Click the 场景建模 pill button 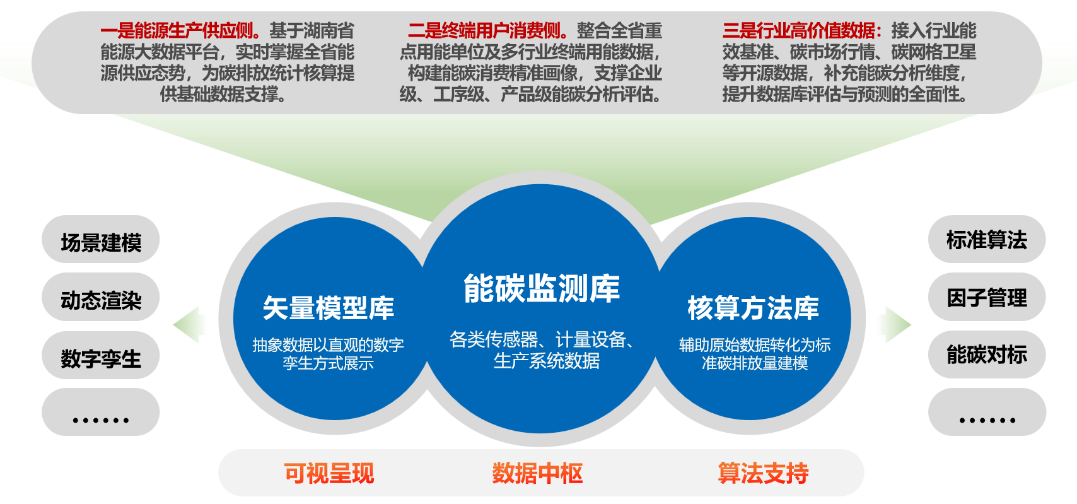tap(100, 240)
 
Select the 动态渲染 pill tap(100, 297)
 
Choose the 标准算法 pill tap(987, 240)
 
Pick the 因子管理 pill tap(987, 297)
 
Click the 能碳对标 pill tap(987, 355)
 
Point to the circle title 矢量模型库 tap(329, 308)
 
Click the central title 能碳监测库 tap(542, 288)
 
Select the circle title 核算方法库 tap(753, 308)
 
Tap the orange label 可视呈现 tap(329, 473)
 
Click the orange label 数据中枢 tap(537, 473)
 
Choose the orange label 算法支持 tap(763, 473)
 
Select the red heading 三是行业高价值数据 tap(803, 31)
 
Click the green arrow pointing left tap(189, 325)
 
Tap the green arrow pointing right tap(895, 325)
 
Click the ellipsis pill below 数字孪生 tap(100, 412)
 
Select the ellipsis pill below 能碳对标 tap(987, 412)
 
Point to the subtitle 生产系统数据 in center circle tap(547, 361)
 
